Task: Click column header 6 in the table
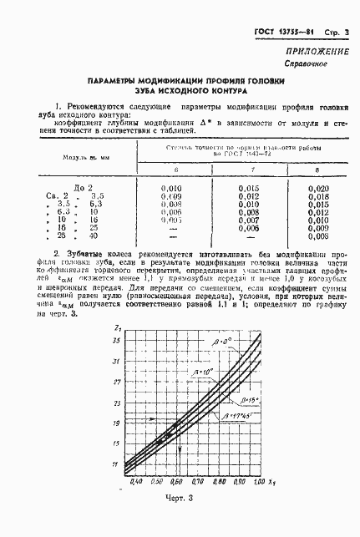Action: tap(175, 170)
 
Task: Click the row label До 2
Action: tap(84, 189)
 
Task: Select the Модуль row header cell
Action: tap(81, 156)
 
